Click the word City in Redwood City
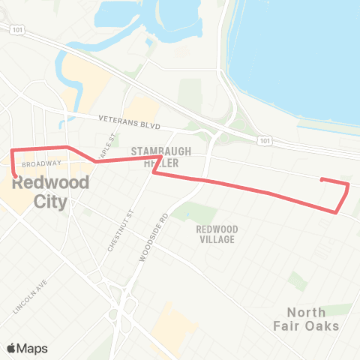click(x=51, y=202)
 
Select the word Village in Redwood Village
click(x=217, y=239)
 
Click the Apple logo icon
click(x=12, y=348)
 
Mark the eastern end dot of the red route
click(x=322, y=179)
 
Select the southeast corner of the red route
click(x=337, y=211)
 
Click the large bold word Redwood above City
click(x=51, y=182)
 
